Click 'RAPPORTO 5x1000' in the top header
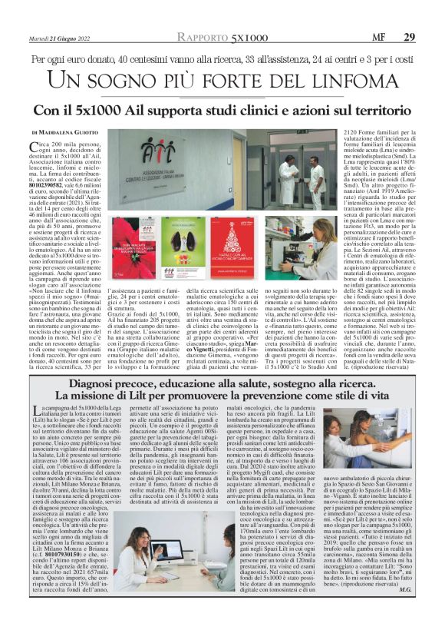222,38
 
